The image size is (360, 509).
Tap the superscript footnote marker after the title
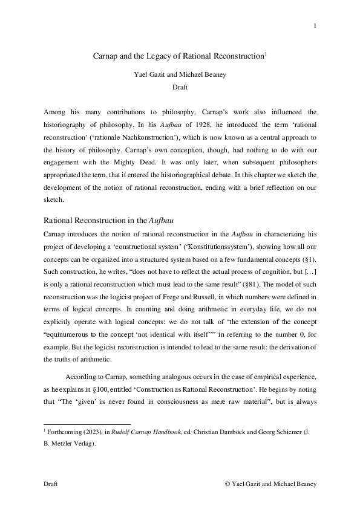pos(266,54)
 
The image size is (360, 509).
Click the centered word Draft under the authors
pos(180,87)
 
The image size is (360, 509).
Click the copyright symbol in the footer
pos(227,484)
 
